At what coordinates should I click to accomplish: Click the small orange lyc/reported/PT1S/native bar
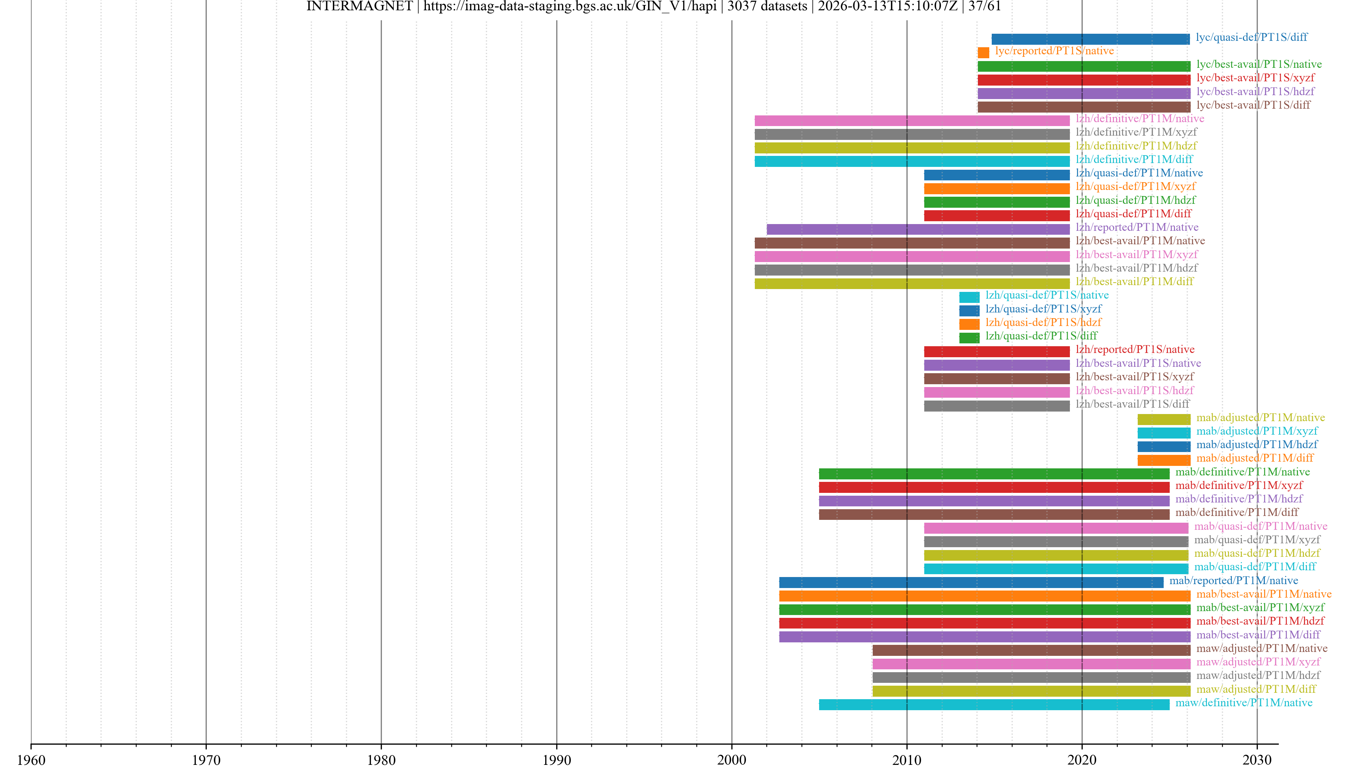point(983,53)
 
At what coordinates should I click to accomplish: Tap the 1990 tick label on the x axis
point(557,760)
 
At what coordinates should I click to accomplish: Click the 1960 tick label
point(31,760)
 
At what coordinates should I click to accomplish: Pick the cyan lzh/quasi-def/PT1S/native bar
point(969,297)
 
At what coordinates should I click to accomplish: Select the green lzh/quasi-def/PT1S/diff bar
point(969,338)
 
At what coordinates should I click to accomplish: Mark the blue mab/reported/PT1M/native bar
point(971,582)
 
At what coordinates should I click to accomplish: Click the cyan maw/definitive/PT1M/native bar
point(994,705)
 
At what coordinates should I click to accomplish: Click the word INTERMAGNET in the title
point(359,6)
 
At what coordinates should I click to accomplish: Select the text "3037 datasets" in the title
point(767,6)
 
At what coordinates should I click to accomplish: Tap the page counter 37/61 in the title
point(984,6)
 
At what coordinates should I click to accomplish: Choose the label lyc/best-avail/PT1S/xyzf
point(1255,78)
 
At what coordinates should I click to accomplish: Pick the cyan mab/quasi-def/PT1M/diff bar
point(1056,569)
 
